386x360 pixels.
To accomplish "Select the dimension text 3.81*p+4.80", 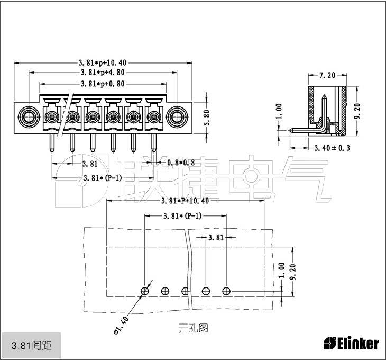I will tap(103, 73).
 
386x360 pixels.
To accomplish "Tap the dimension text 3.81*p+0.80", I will tap(103, 84).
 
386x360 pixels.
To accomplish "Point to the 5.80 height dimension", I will tap(207, 116).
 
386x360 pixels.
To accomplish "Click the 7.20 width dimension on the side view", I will tap(328, 76).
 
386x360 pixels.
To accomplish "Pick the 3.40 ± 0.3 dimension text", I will tap(333, 148).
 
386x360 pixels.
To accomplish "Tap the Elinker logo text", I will tap(351, 344).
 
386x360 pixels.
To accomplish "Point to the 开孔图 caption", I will tap(193, 329).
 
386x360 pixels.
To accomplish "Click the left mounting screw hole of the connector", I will tap(27, 116).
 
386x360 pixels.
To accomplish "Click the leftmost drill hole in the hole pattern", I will tap(145, 291).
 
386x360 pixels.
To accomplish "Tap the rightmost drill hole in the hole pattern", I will tap(226, 291).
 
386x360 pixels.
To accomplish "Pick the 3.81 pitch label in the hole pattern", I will tap(215, 238).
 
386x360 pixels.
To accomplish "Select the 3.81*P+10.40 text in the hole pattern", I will tap(185, 201).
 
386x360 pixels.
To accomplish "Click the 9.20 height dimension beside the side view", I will tap(358, 112).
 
